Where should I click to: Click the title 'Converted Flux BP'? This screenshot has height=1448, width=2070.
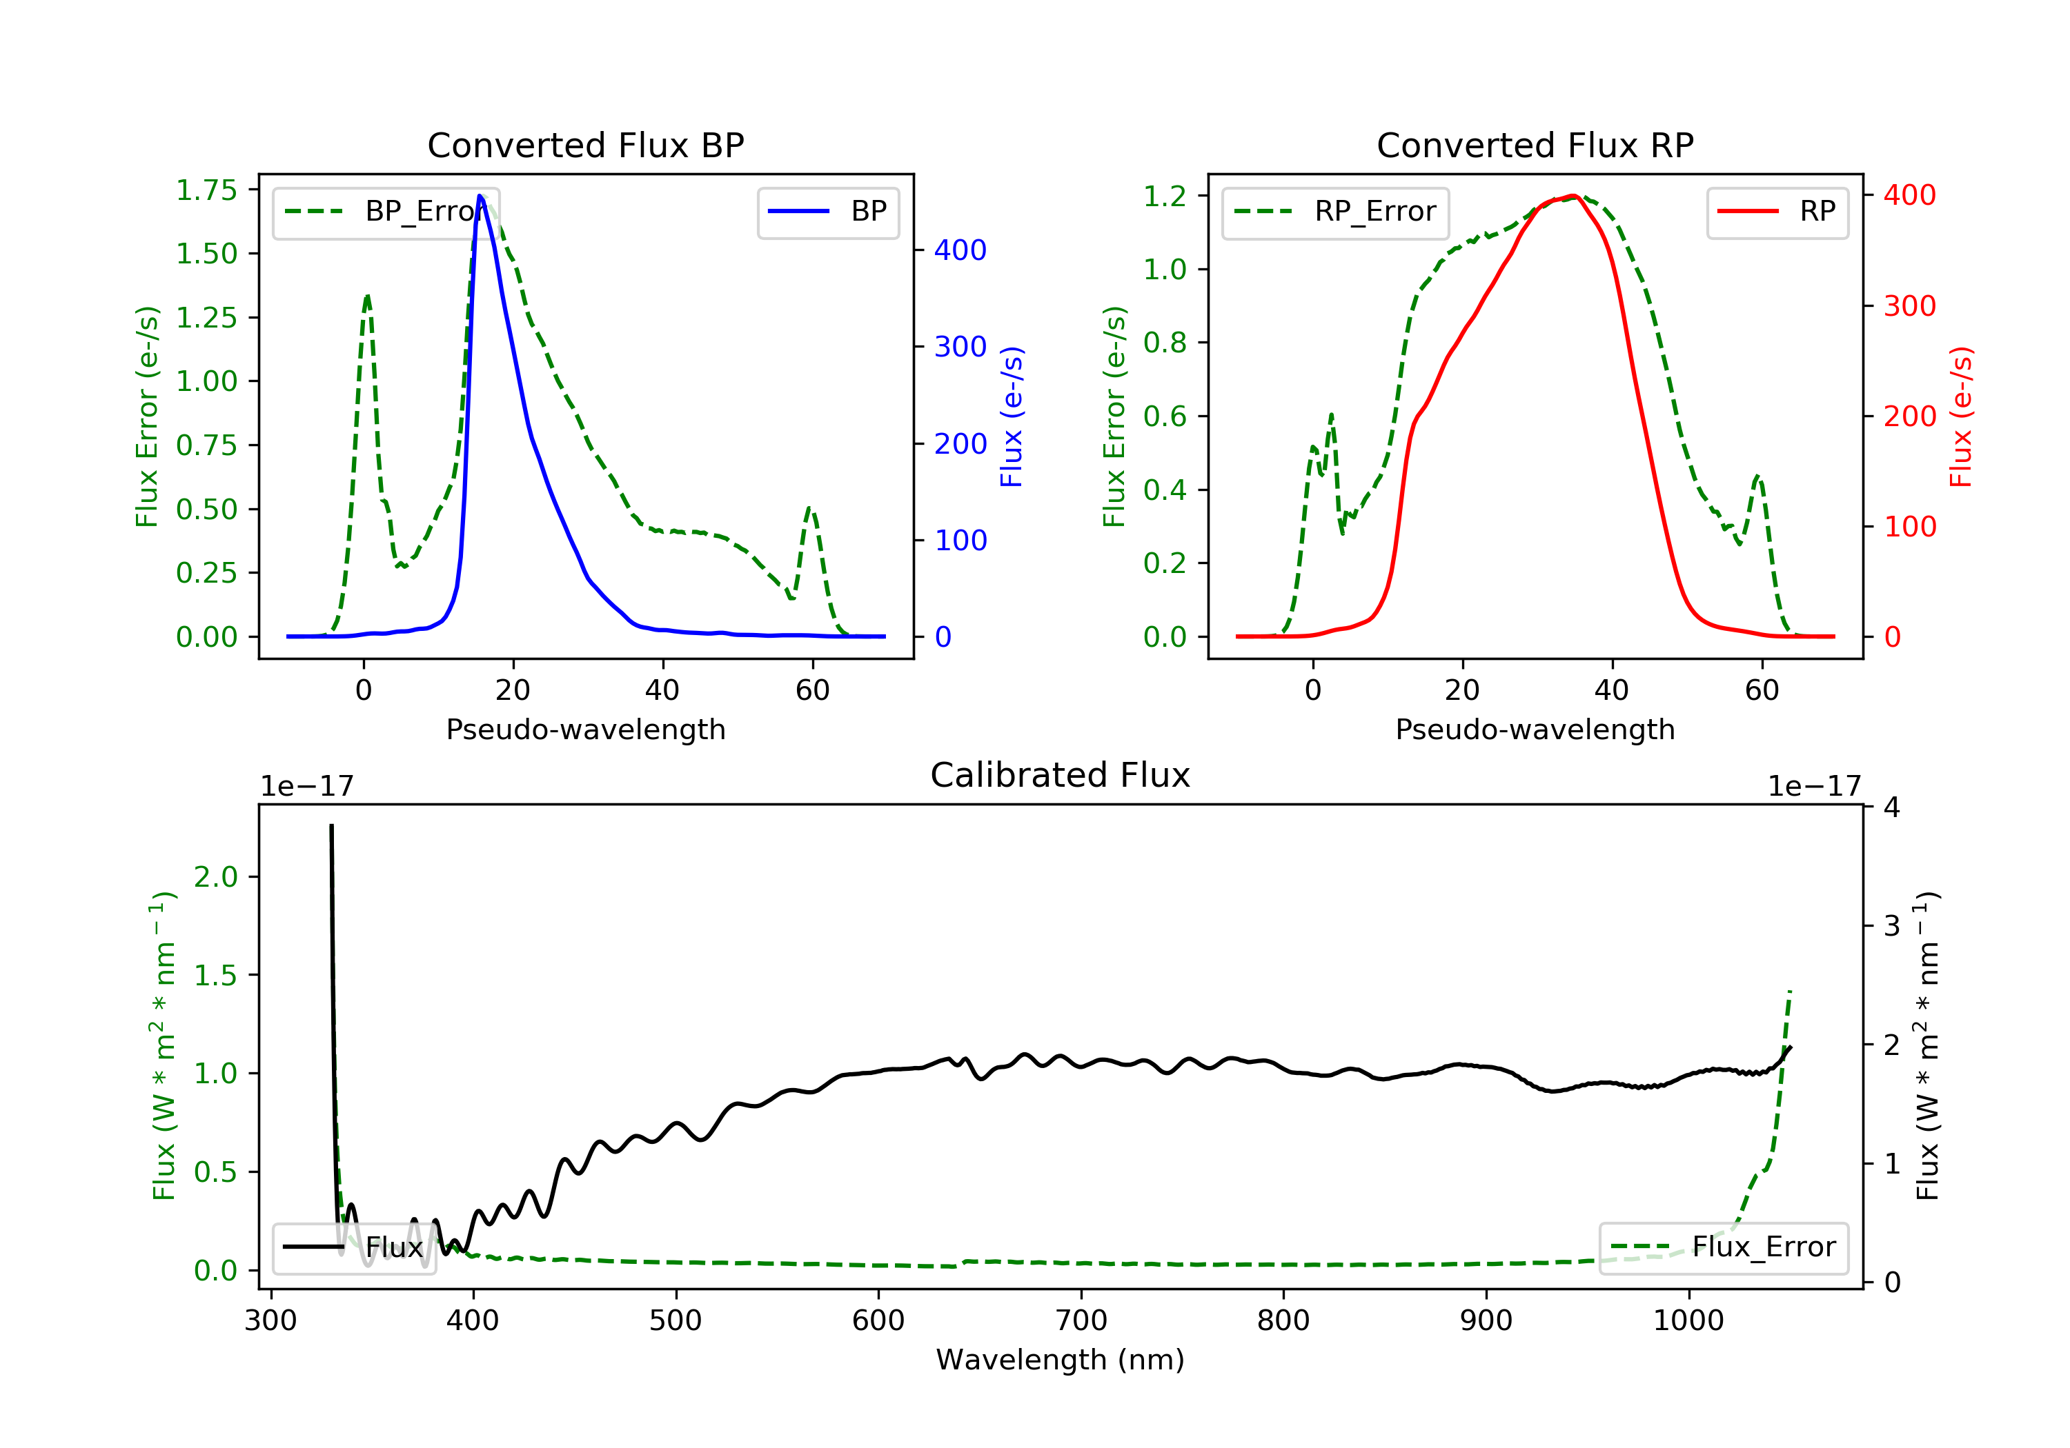point(586,145)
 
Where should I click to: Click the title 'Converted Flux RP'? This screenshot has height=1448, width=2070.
point(1535,145)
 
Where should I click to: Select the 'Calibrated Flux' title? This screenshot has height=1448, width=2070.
point(1061,775)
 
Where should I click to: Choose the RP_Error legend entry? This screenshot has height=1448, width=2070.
point(1335,212)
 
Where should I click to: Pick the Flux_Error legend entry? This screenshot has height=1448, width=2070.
point(1723,1248)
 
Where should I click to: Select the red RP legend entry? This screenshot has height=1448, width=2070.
point(1777,212)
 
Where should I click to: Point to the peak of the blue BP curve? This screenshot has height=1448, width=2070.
point(480,196)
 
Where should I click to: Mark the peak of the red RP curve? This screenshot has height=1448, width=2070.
point(1573,196)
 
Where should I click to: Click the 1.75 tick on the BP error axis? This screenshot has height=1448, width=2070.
point(206,190)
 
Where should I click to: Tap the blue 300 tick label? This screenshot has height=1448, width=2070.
point(960,347)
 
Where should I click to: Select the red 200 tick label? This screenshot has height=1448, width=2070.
point(1909,416)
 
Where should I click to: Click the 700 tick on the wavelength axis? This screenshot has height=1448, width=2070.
point(1081,1321)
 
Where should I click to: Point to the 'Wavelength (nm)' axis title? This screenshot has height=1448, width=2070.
point(1061,1360)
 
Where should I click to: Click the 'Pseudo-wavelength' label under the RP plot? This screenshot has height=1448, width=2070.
point(1535,729)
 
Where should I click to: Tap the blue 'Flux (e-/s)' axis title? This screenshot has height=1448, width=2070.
point(1012,417)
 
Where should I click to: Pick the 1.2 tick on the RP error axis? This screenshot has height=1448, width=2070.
point(1165,197)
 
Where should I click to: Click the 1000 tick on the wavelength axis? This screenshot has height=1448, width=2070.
point(1688,1321)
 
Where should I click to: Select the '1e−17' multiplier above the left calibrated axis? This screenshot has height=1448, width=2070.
point(308,787)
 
